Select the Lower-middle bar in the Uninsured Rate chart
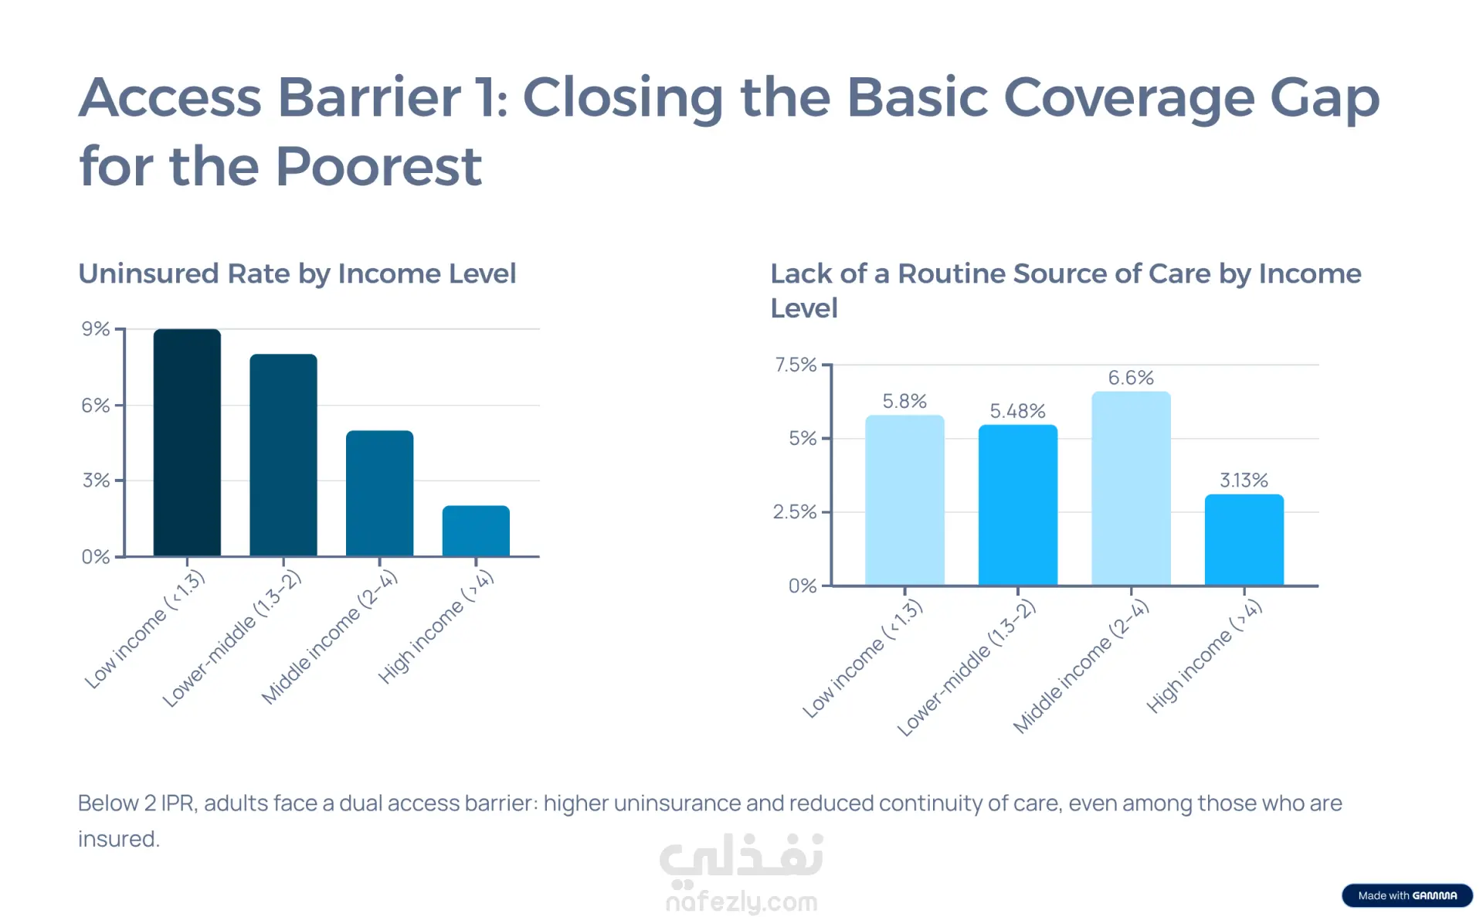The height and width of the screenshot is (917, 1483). tap(283, 455)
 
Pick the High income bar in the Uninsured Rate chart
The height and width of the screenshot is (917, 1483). tap(476, 531)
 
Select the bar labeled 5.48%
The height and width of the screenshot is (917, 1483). tap(1018, 505)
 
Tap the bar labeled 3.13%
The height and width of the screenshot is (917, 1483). tap(1244, 540)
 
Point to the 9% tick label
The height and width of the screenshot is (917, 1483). tap(96, 329)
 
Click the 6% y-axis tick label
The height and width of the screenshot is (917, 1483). tap(96, 406)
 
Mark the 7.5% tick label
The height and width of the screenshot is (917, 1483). tap(796, 365)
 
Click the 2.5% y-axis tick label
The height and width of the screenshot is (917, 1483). tap(795, 512)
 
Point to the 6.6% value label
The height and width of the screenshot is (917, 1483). tap(1131, 378)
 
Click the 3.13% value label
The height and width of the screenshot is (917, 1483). tap(1244, 481)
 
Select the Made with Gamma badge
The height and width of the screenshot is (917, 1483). tap(1407, 895)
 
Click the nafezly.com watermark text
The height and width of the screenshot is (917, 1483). tap(741, 902)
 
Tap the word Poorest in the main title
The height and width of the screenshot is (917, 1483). tap(378, 166)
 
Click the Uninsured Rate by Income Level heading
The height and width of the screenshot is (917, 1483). tap(297, 273)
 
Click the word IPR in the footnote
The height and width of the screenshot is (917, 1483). tap(178, 803)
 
